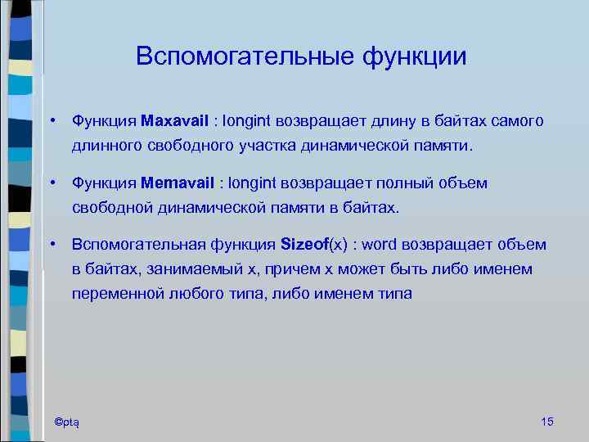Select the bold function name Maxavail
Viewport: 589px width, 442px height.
coord(176,121)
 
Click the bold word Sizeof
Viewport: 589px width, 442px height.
coord(303,245)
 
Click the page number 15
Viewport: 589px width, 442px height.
coord(547,422)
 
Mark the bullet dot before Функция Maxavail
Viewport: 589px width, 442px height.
coord(52,121)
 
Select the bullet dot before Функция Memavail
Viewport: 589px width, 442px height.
coord(52,183)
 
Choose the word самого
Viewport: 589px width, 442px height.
coord(518,121)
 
